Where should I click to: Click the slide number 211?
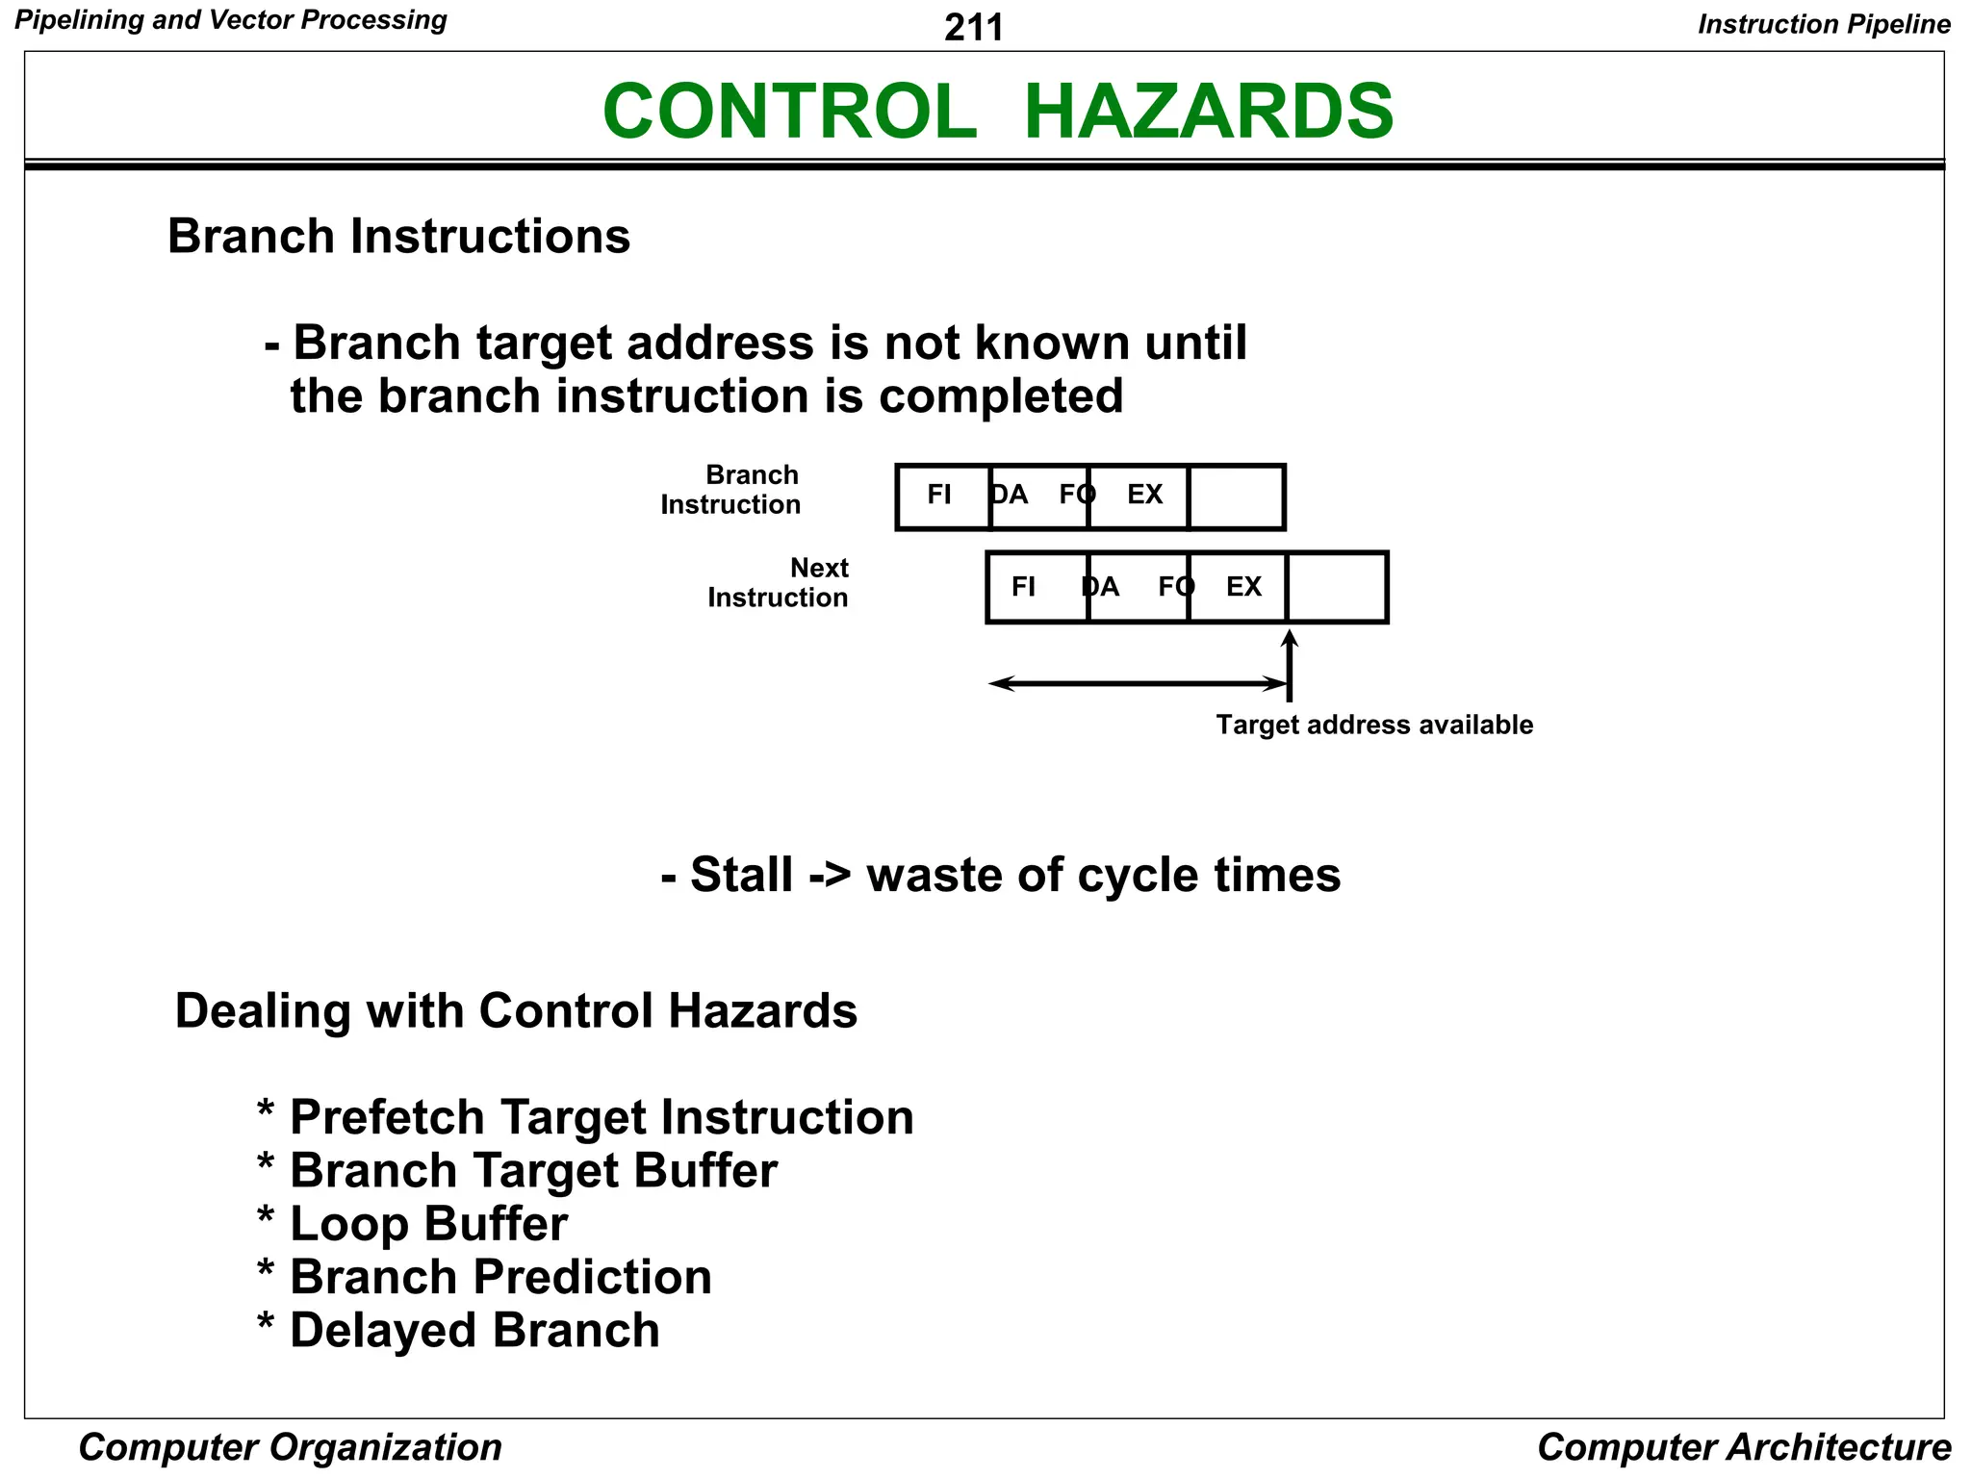pos(973,27)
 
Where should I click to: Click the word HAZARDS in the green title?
pos(1208,112)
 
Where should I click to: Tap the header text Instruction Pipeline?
pos(1824,24)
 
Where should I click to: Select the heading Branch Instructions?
pos(398,237)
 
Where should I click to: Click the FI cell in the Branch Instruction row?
pos(939,495)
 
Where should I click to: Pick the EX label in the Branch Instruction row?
pos(1144,495)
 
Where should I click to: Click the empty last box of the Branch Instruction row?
pos(1237,497)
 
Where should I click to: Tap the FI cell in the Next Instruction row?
pos(1023,587)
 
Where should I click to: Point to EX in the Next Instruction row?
pos(1243,587)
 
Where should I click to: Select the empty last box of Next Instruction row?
pos(1337,587)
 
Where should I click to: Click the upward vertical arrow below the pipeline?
pos(1290,664)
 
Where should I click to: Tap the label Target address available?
pos(1373,725)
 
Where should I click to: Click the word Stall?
pos(741,876)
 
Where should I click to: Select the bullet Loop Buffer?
pos(428,1224)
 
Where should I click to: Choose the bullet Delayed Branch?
pos(474,1331)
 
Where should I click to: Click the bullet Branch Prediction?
pos(500,1278)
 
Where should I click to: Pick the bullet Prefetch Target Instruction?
pos(602,1118)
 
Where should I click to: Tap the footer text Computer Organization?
pos(290,1447)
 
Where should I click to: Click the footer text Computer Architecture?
pos(1744,1447)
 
